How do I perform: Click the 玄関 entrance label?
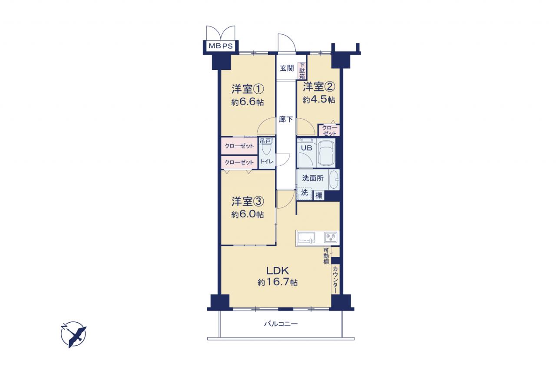tap(287, 68)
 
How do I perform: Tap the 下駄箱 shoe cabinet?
tap(302, 71)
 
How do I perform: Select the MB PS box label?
tap(221, 46)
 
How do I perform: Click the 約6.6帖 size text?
tap(248, 102)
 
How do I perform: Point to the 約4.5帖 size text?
tap(319, 100)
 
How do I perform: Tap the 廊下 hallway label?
tap(286, 119)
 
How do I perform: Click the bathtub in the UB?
tap(326, 154)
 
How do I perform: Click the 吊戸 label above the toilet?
tap(265, 141)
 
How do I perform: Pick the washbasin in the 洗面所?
tap(334, 180)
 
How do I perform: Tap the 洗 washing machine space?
tap(304, 192)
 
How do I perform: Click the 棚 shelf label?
tap(319, 196)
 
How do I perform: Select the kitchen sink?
tap(307, 238)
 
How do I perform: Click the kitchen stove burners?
tap(331, 237)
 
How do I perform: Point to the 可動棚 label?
tap(326, 256)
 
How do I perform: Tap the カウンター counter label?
tap(335, 280)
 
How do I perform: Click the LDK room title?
tap(278, 271)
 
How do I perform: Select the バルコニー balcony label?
tap(281, 324)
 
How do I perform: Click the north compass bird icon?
tap(73, 334)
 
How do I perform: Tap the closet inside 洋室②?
tap(329, 130)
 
